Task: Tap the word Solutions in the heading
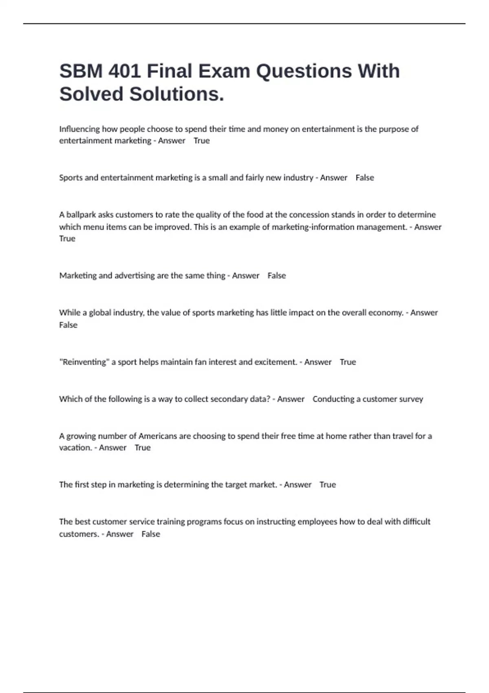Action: pos(176,94)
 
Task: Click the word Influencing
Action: pos(79,129)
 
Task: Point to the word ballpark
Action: pos(81,215)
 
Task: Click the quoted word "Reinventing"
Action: pos(84,362)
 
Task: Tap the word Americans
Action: pos(157,436)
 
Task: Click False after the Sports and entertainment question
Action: pos(365,178)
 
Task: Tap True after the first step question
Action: pos(328,485)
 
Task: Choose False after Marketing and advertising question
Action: pos(277,276)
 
